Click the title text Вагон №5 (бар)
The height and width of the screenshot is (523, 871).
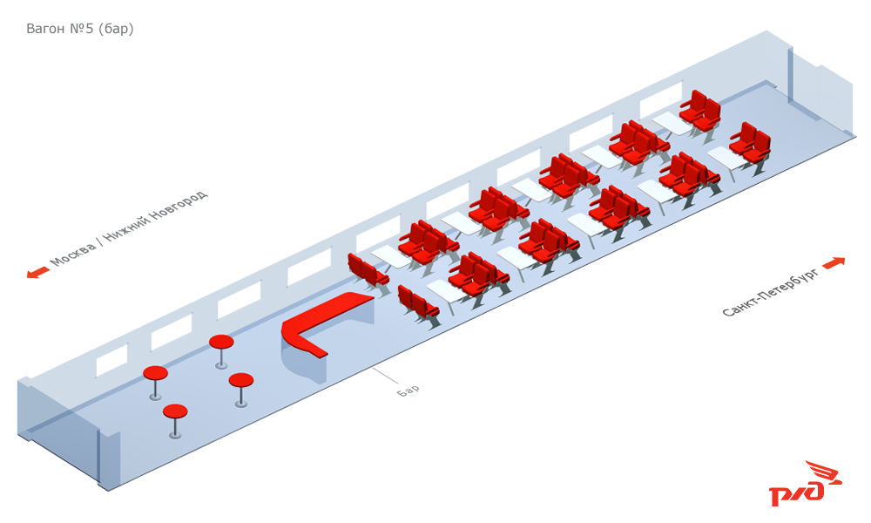pos(80,29)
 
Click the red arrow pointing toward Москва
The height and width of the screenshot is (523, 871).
pos(37,272)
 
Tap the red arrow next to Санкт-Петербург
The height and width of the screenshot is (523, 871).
pos(834,263)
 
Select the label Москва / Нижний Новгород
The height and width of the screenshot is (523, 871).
pos(129,228)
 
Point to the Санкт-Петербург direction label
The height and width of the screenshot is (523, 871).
pos(771,291)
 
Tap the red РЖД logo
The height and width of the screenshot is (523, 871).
pos(805,484)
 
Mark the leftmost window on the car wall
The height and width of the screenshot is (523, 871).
pos(111,361)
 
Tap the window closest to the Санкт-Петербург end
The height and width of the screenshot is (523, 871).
pos(660,99)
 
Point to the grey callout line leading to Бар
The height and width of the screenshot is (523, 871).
pos(386,376)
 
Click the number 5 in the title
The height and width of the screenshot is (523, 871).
pos(90,29)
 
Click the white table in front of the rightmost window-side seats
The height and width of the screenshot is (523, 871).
pos(672,124)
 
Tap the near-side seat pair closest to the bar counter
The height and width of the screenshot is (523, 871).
pos(418,307)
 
